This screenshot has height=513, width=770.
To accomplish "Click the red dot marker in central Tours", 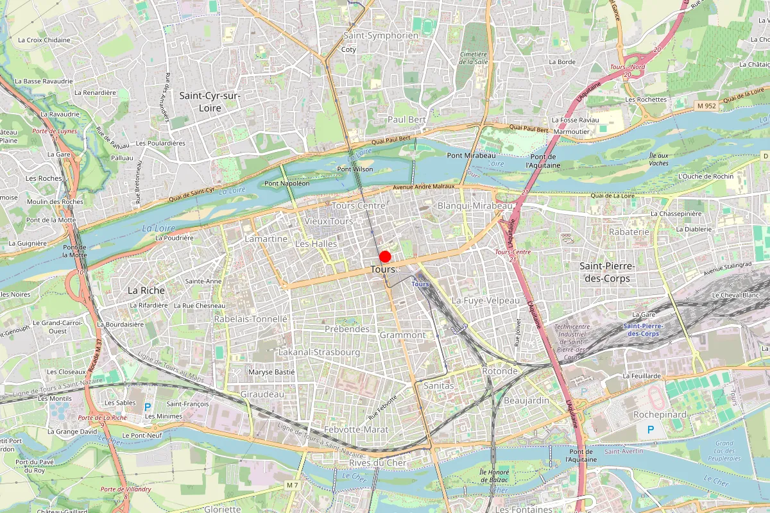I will coord(385,256).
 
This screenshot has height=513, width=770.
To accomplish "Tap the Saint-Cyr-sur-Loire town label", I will coord(209,102).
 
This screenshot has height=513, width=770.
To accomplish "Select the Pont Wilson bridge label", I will coord(355,169).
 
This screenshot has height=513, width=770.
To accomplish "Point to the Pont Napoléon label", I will coord(287,183).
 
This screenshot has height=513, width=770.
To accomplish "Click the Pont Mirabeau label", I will coord(472,156).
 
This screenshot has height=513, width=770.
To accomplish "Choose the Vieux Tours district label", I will coord(329,221).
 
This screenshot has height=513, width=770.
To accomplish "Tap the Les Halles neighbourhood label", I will coord(316,244).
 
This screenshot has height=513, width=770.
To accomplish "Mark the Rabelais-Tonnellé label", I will coord(251,319).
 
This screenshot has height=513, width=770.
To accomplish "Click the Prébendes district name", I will coord(347,329).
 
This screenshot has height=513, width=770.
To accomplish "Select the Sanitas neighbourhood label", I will coord(439,386).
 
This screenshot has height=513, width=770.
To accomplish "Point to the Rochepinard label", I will coord(660,415).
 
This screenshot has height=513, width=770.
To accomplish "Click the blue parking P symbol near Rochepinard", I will coord(651,429).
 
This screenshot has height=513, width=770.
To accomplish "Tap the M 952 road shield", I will coord(706,106).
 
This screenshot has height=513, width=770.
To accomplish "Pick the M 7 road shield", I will coord(293,485).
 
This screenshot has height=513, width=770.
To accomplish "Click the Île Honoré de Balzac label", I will coord(493,476).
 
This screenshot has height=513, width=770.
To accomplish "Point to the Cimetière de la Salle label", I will coord(474,58).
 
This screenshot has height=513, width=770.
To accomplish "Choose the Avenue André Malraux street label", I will coord(424,187).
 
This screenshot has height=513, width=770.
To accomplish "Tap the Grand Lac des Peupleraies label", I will coord(724,451).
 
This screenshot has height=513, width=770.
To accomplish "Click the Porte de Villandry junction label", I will coord(126,489).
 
